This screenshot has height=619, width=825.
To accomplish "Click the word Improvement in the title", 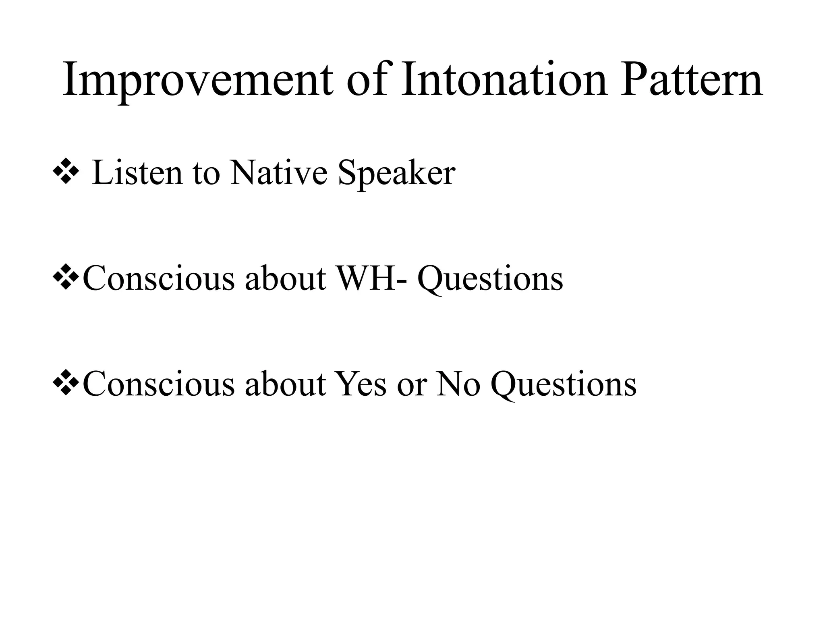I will [x=197, y=81].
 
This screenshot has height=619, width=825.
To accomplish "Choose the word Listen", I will [x=137, y=173].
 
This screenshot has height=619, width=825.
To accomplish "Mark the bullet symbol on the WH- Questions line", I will [x=65, y=278].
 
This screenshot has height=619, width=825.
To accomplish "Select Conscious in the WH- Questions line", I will [x=158, y=279].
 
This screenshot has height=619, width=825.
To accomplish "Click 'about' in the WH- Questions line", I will [x=285, y=279].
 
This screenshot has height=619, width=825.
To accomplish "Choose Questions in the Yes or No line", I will [x=564, y=385].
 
